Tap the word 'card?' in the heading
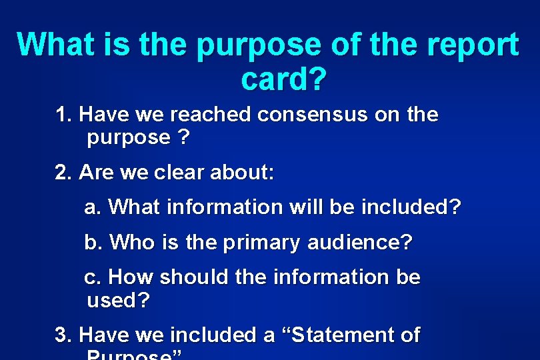(x=283, y=79)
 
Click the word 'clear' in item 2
(x=179, y=173)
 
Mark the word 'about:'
(x=241, y=173)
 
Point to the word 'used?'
(x=118, y=301)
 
